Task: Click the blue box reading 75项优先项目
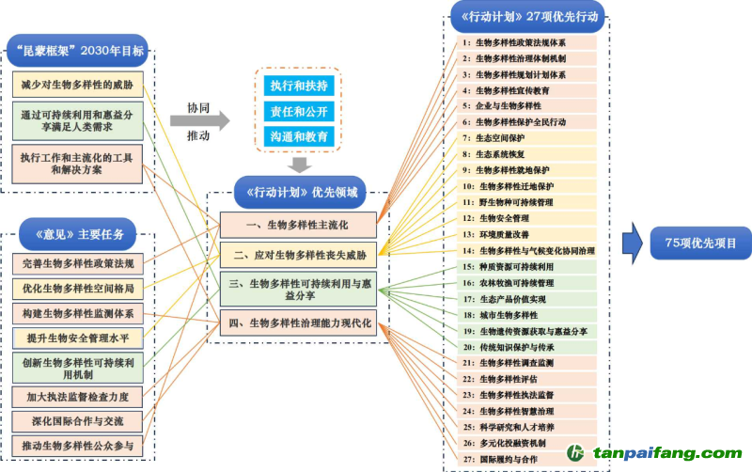(x=700, y=244)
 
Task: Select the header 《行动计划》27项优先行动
(x=526, y=16)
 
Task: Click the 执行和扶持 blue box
(x=299, y=86)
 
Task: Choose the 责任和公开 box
(x=299, y=111)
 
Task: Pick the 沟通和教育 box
(x=299, y=136)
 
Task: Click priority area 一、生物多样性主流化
(x=298, y=225)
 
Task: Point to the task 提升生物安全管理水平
(x=78, y=338)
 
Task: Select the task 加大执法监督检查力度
(x=78, y=396)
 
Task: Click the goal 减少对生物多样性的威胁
(x=78, y=85)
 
